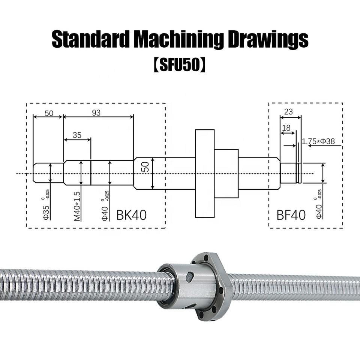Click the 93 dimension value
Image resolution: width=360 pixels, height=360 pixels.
point(96,112)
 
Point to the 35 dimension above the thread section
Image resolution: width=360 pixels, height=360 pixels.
point(77,135)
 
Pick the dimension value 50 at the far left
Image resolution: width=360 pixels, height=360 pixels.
point(49,113)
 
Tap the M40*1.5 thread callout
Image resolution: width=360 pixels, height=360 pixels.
point(77,206)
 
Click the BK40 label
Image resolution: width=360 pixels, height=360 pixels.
point(131,215)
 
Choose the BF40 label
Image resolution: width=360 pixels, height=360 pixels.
point(291,215)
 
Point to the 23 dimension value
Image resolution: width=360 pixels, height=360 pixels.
point(288,112)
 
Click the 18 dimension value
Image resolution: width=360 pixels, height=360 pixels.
point(286,128)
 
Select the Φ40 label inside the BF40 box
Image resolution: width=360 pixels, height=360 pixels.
point(319,211)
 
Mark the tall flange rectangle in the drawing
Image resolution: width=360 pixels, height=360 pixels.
point(205,173)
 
